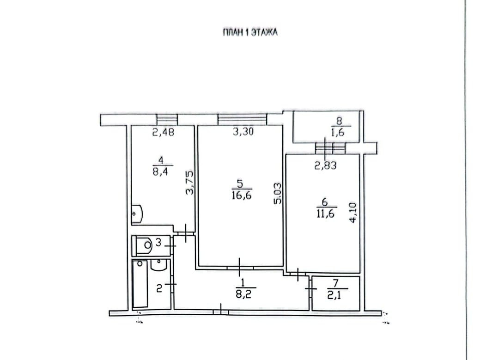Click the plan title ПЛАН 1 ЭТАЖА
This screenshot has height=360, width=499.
pos(250,32)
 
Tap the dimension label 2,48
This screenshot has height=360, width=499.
pos(163,132)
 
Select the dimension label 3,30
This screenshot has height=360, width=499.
pos(243,131)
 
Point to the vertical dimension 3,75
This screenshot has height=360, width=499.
pos(190,183)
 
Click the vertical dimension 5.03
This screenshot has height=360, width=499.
pos(278,193)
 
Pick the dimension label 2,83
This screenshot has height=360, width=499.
pos(326,165)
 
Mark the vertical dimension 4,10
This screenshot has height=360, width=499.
pos(353,213)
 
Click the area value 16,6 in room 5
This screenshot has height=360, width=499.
pos(242,195)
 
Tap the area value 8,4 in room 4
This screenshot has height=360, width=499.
pos(161,172)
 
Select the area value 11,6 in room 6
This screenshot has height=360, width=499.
pos(326,213)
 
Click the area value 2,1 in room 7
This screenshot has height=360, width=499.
pos(334,295)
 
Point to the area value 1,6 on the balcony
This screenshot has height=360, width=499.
pos(338,132)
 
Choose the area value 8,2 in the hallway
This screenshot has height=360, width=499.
pos(243,294)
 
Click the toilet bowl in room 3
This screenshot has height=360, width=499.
pos(144,245)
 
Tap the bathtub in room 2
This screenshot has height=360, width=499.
pos(140,284)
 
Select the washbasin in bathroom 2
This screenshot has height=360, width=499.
pos(158,265)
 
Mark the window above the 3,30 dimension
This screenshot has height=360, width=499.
pos(243,119)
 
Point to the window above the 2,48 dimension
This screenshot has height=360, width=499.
pos(167,119)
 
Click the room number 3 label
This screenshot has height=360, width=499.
pos(158,243)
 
